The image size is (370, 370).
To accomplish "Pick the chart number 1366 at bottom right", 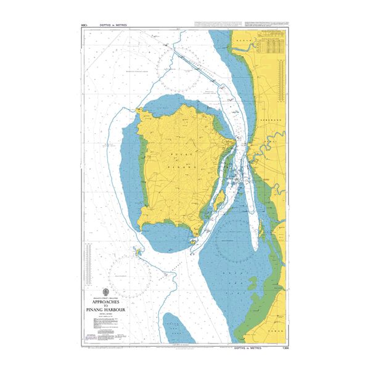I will click(x=283, y=348).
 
